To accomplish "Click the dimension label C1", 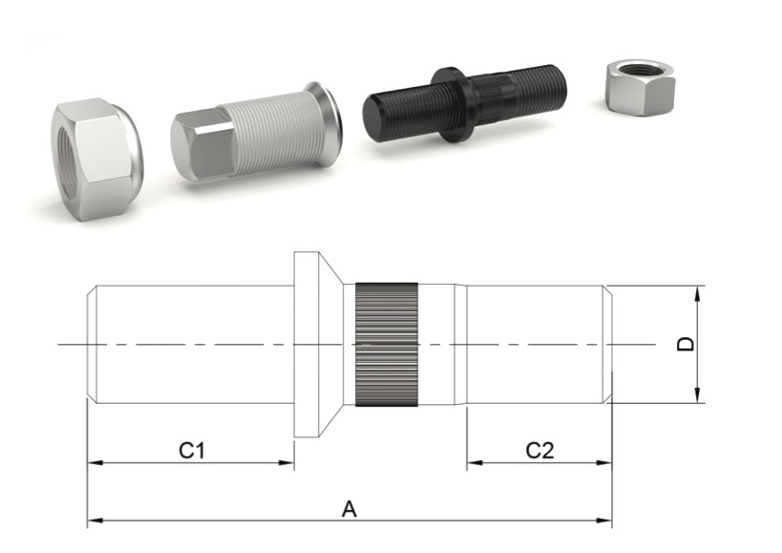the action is (x=192, y=450).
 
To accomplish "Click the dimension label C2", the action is (x=539, y=450).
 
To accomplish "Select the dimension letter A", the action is (x=349, y=509).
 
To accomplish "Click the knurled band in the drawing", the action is (x=387, y=345).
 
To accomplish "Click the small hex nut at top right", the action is (x=640, y=88).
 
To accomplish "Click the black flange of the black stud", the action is (x=450, y=105).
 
